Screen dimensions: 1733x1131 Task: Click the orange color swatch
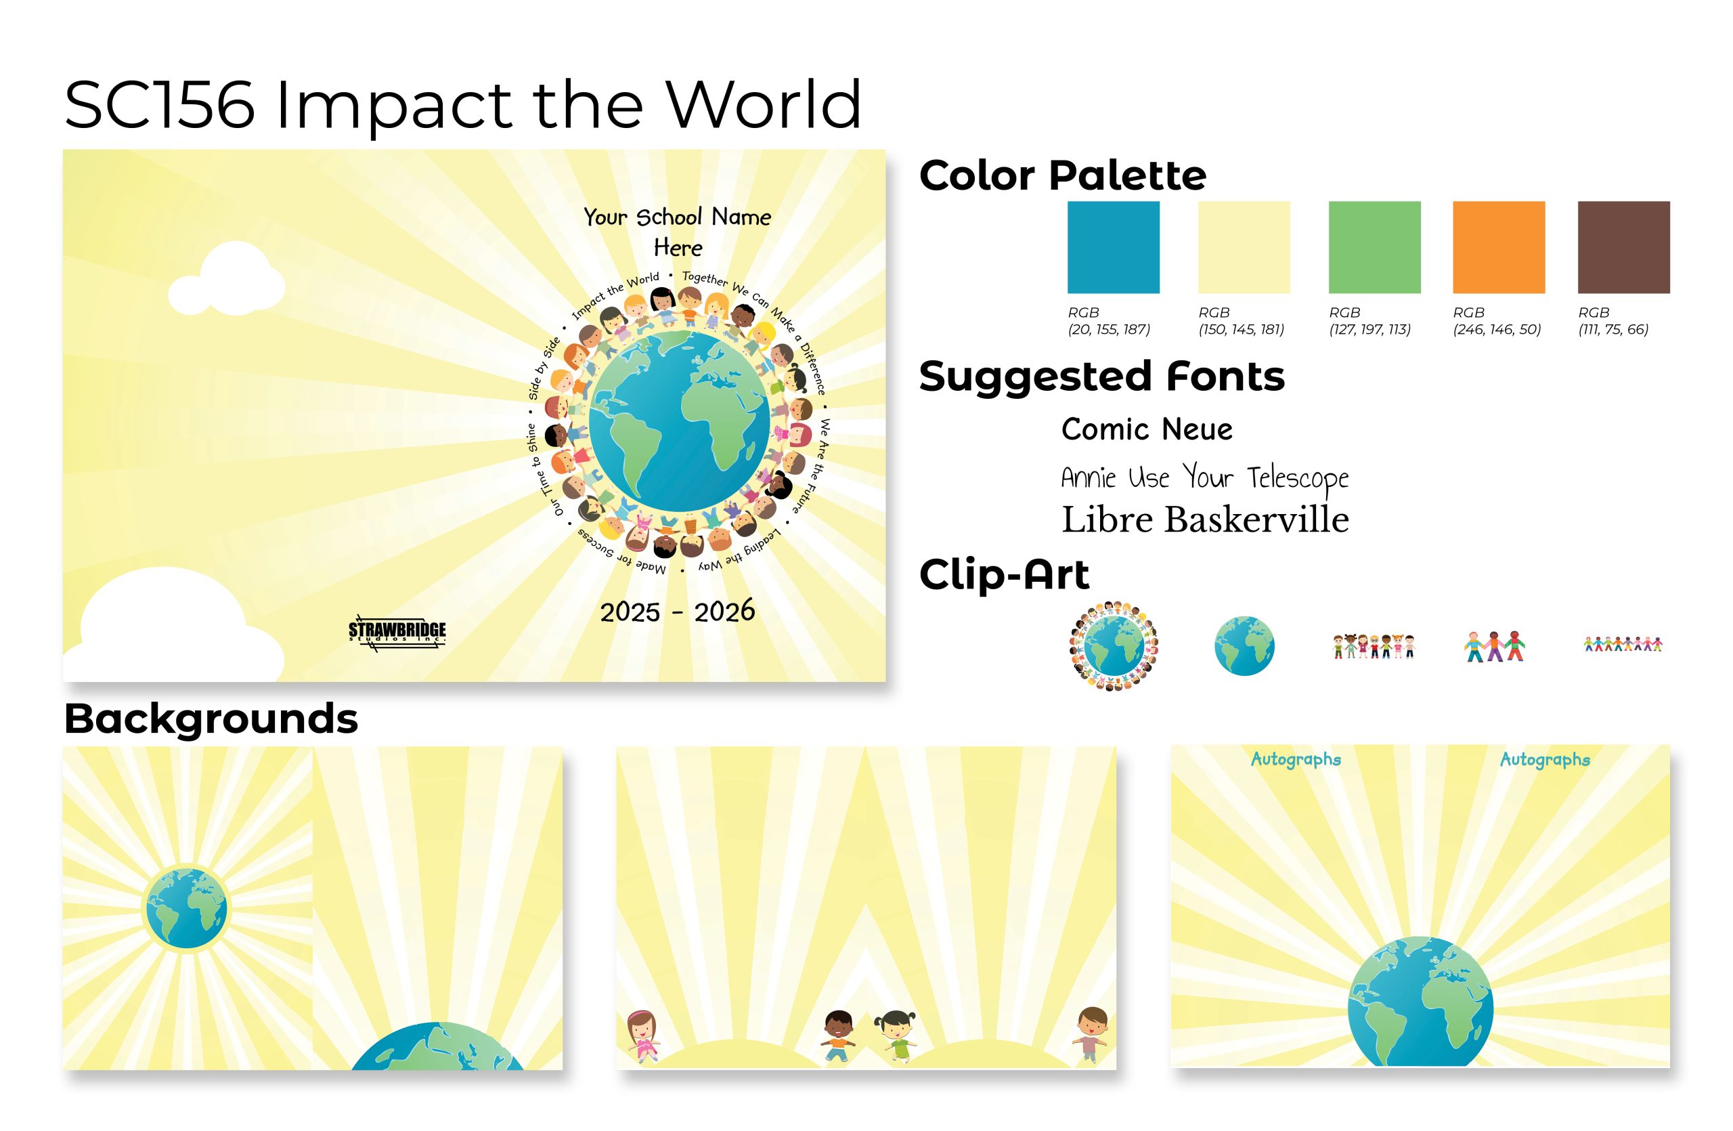(x=1499, y=248)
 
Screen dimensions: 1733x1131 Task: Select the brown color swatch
(x=1624, y=248)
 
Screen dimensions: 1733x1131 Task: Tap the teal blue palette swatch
(x=1114, y=248)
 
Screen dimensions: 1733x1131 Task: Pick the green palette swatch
(x=1375, y=248)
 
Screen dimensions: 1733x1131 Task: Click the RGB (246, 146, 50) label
(x=1497, y=320)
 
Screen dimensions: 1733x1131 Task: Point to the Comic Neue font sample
(x=1147, y=429)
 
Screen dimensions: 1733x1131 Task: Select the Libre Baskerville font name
(x=1205, y=520)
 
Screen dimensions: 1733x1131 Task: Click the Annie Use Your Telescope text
(x=1205, y=477)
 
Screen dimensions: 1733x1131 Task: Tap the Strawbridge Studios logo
(x=397, y=633)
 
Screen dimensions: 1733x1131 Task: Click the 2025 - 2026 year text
(x=677, y=612)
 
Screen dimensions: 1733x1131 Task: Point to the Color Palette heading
(x=1062, y=175)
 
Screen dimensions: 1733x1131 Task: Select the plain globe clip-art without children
(x=1244, y=646)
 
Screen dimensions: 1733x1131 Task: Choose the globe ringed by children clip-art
(x=1114, y=646)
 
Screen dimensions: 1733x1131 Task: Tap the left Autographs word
(x=1296, y=760)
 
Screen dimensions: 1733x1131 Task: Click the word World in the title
(x=764, y=105)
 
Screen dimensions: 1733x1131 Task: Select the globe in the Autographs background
(x=1420, y=1001)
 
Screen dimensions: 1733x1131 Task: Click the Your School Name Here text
(x=677, y=232)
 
